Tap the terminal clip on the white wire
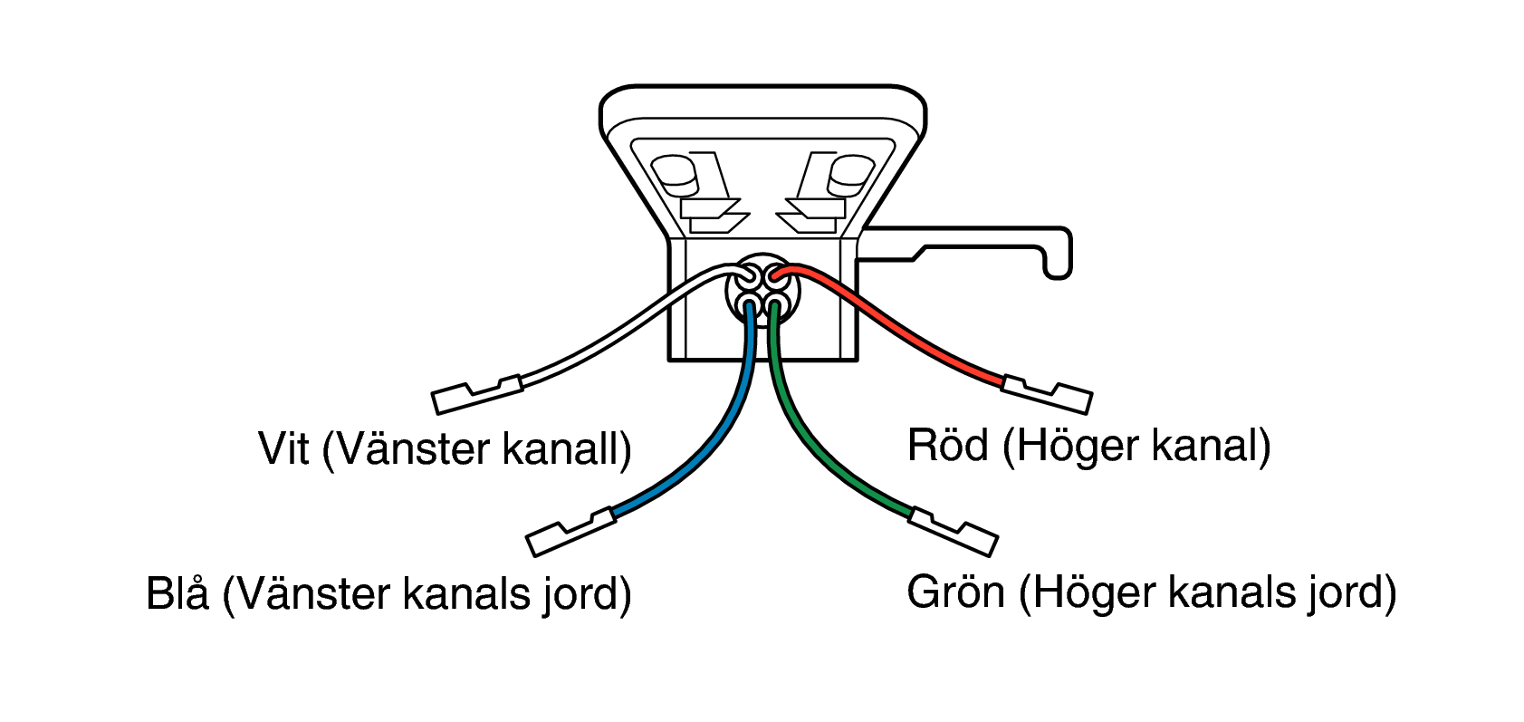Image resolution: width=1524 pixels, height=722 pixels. coord(477,395)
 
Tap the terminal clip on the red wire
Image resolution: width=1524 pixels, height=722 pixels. coord(1047,395)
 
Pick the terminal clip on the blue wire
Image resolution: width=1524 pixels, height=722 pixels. coord(570,532)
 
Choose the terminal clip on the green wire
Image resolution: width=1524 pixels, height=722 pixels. coord(954,532)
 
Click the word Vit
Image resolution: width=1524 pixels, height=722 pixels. coord(283,448)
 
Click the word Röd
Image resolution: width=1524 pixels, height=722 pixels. coord(948,445)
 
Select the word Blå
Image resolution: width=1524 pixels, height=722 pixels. coord(177,592)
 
